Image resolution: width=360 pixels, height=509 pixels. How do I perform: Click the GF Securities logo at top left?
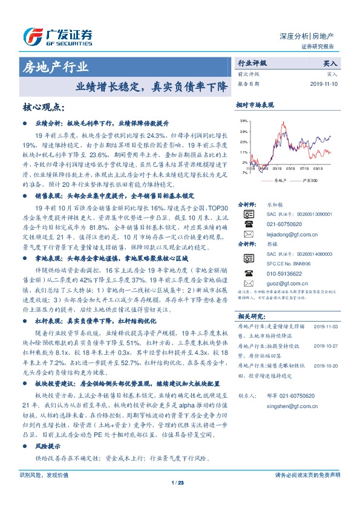coord(57,36)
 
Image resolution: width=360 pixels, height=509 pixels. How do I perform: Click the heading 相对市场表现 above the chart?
coord(254,106)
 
